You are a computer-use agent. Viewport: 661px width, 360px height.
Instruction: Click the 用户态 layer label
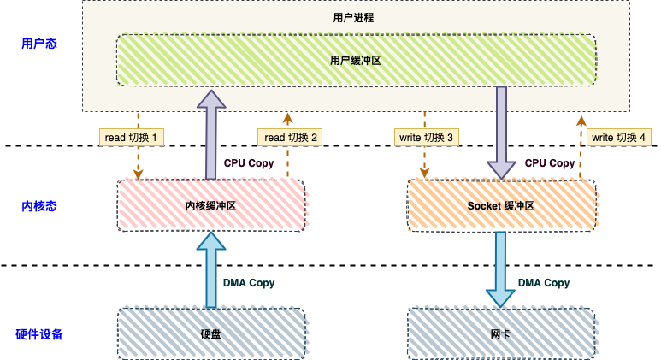[39, 44]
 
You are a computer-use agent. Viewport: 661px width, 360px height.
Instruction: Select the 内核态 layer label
[39, 206]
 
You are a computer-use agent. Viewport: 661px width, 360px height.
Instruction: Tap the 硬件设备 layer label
[39, 334]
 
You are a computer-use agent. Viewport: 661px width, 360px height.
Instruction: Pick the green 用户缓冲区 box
[355, 61]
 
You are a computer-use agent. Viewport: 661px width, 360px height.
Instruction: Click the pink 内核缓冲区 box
[210, 206]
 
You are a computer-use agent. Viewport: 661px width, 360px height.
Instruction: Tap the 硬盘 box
[210, 334]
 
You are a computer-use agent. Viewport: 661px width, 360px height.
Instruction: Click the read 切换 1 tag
[133, 137]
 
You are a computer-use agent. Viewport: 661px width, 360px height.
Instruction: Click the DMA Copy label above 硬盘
[249, 283]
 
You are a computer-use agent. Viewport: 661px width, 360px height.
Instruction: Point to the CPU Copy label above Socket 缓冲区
[550, 162]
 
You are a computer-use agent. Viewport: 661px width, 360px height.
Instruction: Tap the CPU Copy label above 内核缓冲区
[249, 162]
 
